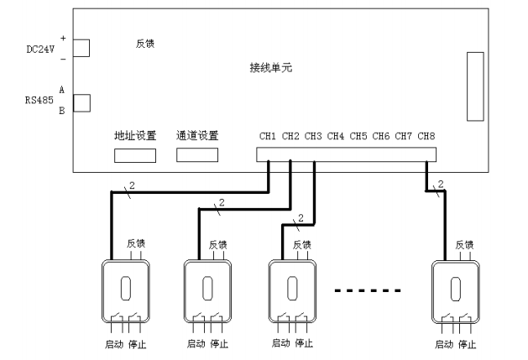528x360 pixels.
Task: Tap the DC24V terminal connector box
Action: (x=82, y=48)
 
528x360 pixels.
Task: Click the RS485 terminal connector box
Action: (x=82, y=102)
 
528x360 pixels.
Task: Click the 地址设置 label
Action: (x=135, y=135)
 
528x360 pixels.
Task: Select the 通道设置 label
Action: (x=197, y=135)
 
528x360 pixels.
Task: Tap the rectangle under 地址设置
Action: (x=135, y=155)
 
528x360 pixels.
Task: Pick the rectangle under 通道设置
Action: (x=197, y=155)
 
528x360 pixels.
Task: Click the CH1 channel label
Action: (x=268, y=136)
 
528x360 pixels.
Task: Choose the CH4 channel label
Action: (x=336, y=136)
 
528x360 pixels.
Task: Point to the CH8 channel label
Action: (x=426, y=136)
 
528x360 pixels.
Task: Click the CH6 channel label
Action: (x=381, y=136)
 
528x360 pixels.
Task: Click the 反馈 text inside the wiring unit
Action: (x=144, y=43)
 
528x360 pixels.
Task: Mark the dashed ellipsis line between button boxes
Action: (x=369, y=291)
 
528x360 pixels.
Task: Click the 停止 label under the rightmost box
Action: (x=468, y=344)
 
